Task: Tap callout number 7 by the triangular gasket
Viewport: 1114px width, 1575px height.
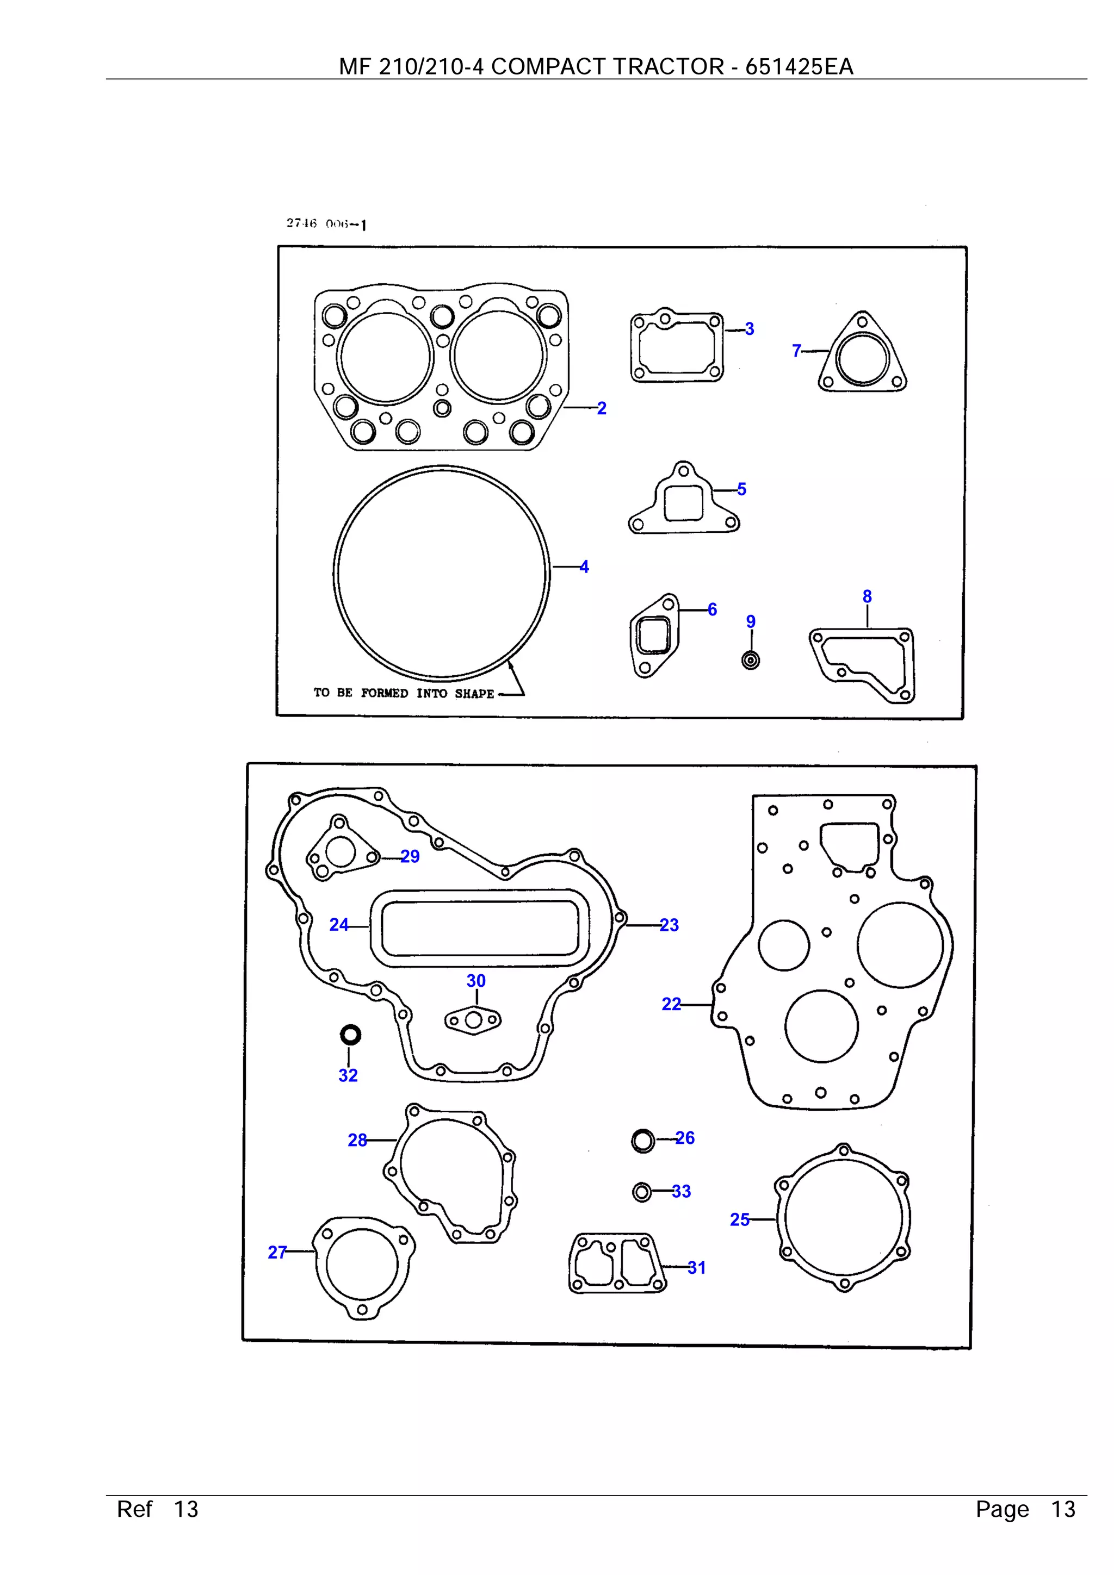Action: click(x=796, y=351)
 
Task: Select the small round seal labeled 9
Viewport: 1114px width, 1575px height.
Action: click(x=751, y=661)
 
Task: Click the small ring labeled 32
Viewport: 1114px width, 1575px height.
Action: click(x=351, y=1035)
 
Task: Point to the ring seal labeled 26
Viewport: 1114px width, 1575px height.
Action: click(x=643, y=1141)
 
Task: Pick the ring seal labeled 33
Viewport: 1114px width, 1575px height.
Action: click(x=642, y=1192)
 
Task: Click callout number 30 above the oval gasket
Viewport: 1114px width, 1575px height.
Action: click(x=475, y=981)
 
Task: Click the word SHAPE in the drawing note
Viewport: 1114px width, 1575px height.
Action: click(x=474, y=694)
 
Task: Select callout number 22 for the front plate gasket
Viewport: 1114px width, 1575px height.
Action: click(x=671, y=1004)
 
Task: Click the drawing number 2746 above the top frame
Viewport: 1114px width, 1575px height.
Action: click(x=301, y=223)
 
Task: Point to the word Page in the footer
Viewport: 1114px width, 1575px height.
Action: click(x=1002, y=1509)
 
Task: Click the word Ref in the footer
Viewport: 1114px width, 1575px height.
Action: click(x=134, y=1509)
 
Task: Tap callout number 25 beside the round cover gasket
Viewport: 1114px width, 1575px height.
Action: click(x=740, y=1219)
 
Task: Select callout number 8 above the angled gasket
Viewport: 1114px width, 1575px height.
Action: click(x=867, y=597)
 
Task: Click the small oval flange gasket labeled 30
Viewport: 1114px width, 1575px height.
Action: click(x=473, y=1020)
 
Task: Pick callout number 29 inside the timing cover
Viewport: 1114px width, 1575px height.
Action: click(x=410, y=856)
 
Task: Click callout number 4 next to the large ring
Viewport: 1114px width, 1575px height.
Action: click(x=584, y=566)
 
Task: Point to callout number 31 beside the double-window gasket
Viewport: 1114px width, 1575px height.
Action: click(x=697, y=1268)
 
